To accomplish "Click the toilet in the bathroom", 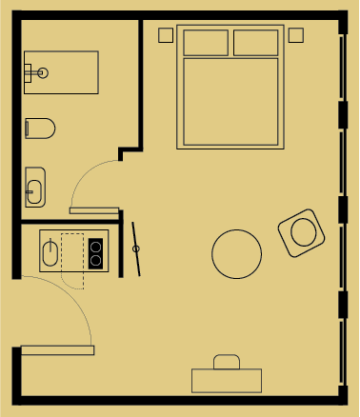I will point(40,127).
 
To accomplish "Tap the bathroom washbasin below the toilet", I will point(34,187).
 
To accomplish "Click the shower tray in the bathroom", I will point(67,73).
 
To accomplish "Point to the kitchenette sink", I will point(50,252).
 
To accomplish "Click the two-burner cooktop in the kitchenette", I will point(95,252).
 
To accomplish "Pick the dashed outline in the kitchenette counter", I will point(72,260).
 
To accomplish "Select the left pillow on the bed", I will point(205,43).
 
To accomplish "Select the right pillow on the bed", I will point(255,43).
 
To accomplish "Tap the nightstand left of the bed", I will point(166,35).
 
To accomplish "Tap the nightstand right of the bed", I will point(295,35).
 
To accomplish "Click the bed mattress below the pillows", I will point(230,100).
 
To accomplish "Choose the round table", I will point(236,253).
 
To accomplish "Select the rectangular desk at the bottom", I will point(227,380).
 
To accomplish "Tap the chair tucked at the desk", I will point(227,361).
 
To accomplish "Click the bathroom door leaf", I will point(94,210).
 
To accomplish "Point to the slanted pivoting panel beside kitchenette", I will point(136,248).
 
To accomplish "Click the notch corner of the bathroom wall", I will point(123,151).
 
